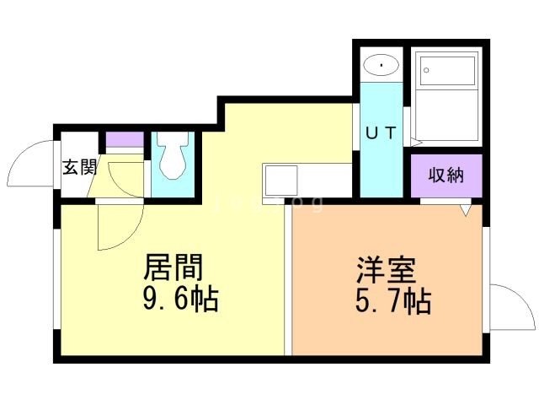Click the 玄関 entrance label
[x=80, y=168]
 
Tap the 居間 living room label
[x=173, y=267]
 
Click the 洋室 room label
[x=386, y=270]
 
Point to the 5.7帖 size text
[x=393, y=300]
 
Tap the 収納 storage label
[x=446, y=175]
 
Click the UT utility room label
[x=382, y=133]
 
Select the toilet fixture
[x=173, y=155]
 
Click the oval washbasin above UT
[x=382, y=65]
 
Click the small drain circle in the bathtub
[x=426, y=70]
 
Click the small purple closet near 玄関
[x=125, y=139]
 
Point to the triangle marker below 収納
[x=466, y=210]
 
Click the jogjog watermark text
[x=269, y=202]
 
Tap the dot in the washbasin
[x=382, y=64]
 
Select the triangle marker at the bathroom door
[x=416, y=142]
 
